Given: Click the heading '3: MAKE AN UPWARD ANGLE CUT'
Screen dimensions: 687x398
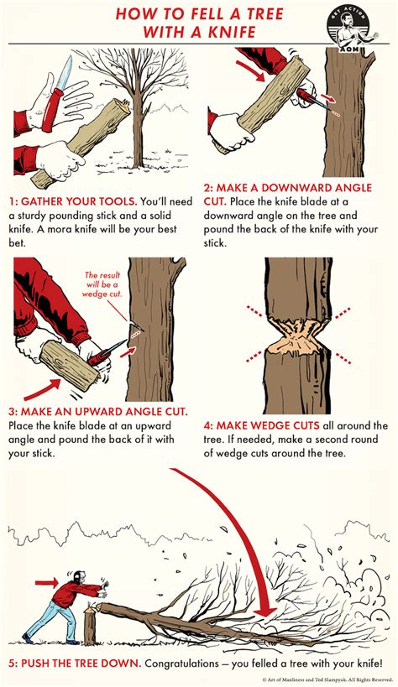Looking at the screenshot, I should (x=99, y=412).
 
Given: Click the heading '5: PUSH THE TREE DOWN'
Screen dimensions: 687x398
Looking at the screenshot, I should (x=83, y=662).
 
